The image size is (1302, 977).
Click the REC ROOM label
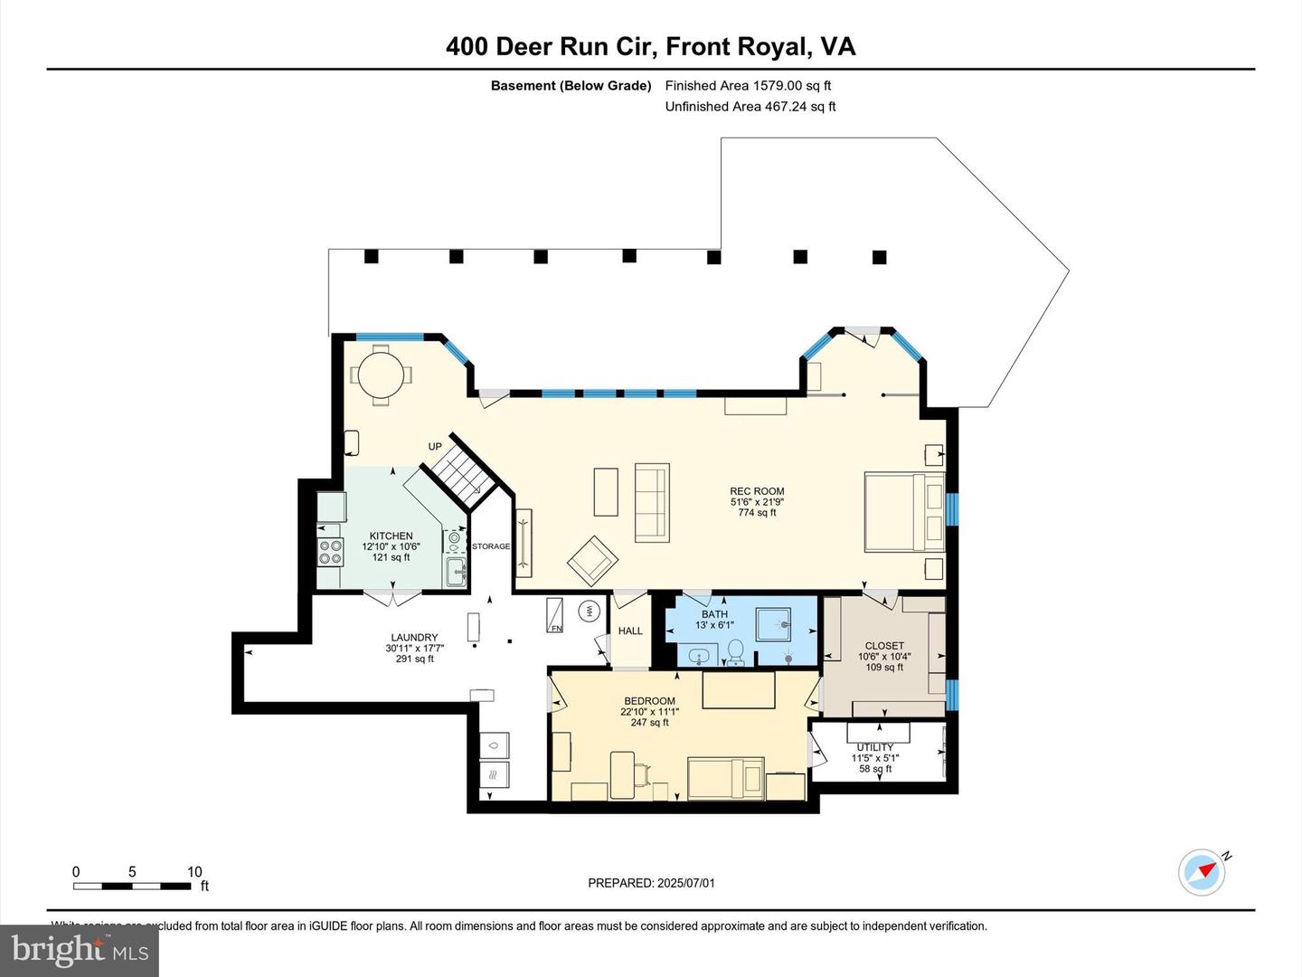[x=757, y=492]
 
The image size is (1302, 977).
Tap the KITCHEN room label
[x=391, y=536]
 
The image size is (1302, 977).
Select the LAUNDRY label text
[x=414, y=638]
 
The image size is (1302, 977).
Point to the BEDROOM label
[x=649, y=701]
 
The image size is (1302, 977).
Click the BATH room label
[x=714, y=614]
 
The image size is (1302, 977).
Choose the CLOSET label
[x=884, y=646]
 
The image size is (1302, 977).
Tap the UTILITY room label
[x=874, y=748]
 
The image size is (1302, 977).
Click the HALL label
[x=630, y=631]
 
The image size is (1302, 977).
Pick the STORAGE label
[x=491, y=546]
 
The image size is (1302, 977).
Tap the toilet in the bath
[x=736, y=650]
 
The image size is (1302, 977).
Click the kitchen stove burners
[x=330, y=552]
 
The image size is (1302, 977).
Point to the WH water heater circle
[x=589, y=611]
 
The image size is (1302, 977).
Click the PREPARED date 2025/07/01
[x=651, y=883]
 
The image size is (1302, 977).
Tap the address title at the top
[x=650, y=47]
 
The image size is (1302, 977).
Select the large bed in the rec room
[x=904, y=511]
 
